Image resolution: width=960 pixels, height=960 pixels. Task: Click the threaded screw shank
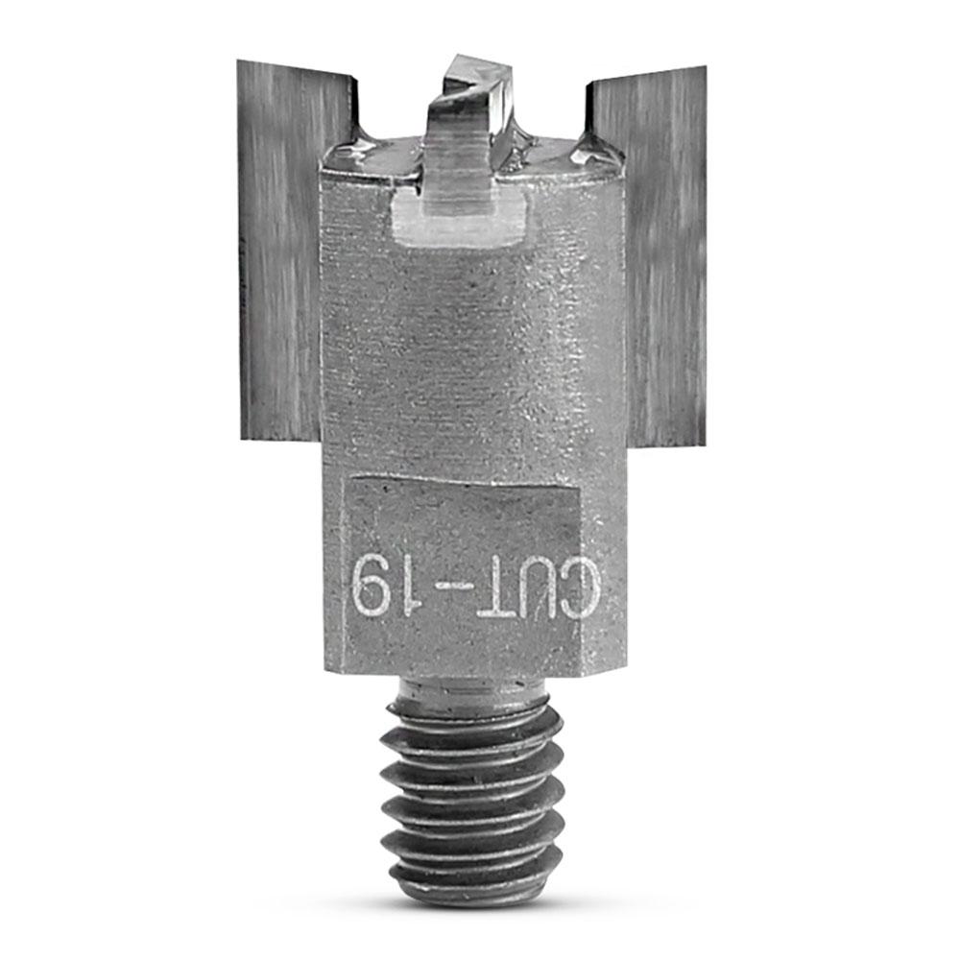point(470,797)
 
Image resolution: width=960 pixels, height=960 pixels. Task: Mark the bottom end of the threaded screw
point(470,895)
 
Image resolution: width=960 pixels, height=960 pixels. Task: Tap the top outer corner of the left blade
point(239,63)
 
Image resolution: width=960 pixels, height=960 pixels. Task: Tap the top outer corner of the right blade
point(705,69)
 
